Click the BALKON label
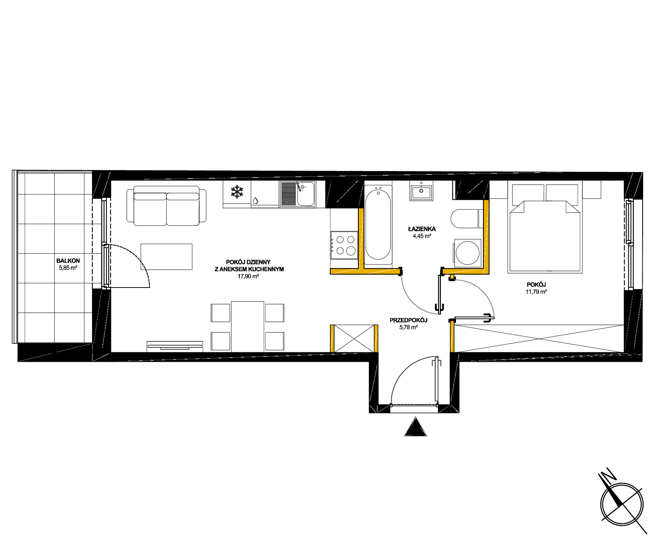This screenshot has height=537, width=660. pos(68,260)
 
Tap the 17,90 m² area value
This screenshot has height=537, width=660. pos(248,276)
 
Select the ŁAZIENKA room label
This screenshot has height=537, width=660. pos(422,229)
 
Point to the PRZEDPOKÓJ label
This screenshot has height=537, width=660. pos(408,320)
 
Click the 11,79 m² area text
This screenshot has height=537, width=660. pos(536,292)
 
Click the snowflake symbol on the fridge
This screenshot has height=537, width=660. pos(237,192)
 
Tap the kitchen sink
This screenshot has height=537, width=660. pos(298,194)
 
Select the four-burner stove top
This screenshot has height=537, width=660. pos(344,245)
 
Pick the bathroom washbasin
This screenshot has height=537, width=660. pos(422,191)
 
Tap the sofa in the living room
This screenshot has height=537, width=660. pos(166,206)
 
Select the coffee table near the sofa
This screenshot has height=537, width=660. pos(166,257)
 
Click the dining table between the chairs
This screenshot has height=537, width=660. pos(247,326)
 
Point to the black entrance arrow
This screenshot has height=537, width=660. pos(415,427)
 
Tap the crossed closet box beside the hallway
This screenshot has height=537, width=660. pos(354,338)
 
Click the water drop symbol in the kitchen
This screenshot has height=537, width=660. pos(256,201)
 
